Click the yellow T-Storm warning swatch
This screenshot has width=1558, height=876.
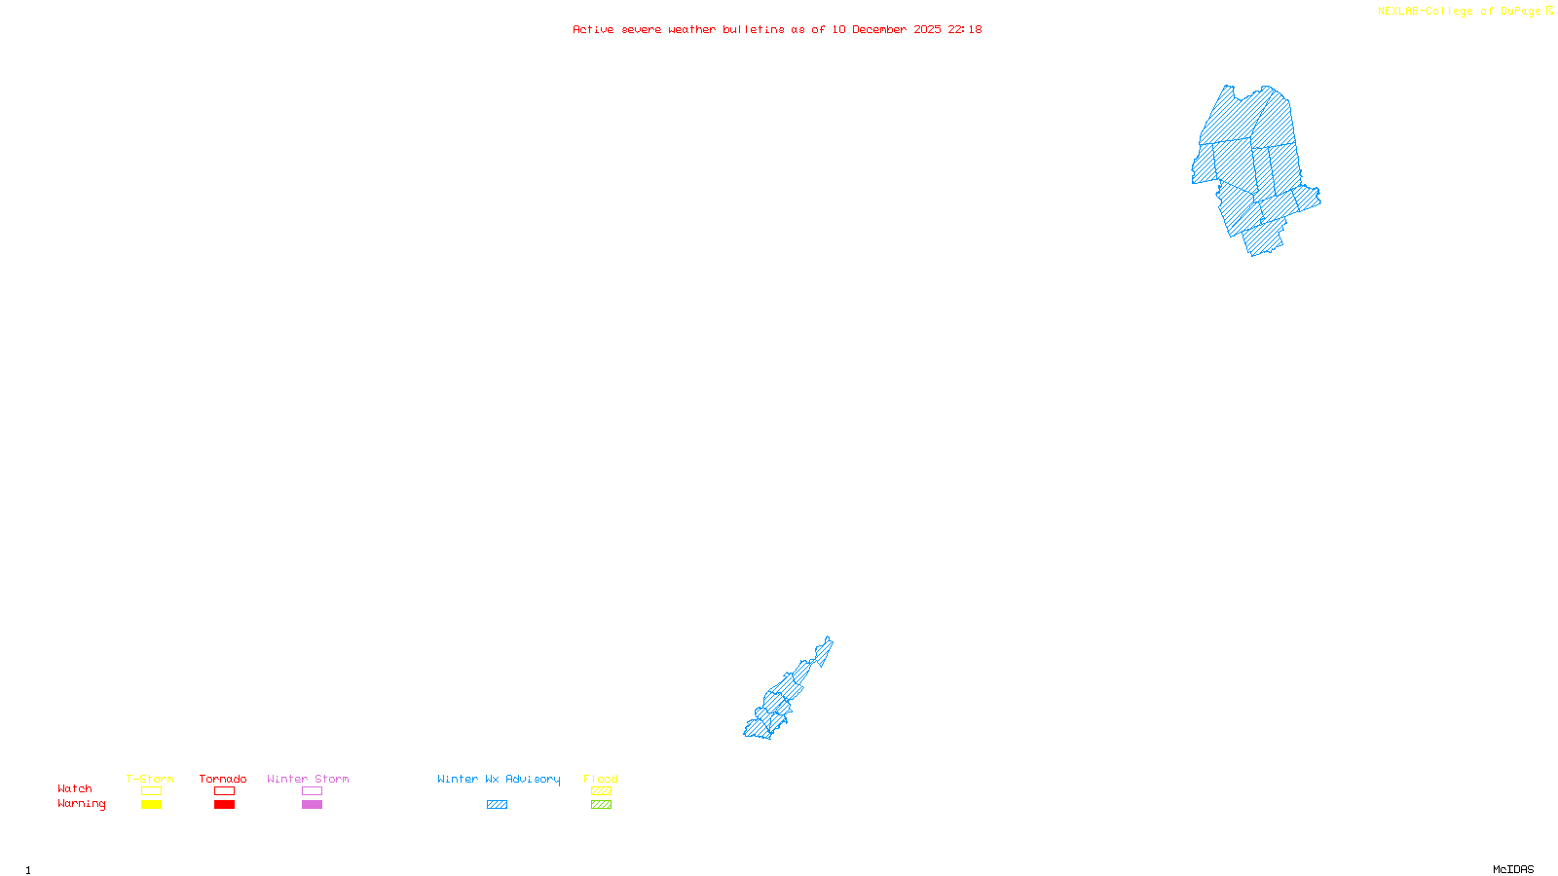(151, 805)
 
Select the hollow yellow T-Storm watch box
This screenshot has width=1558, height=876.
(151, 791)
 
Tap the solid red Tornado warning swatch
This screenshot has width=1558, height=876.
(224, 805)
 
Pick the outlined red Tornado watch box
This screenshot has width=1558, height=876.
(224, 791)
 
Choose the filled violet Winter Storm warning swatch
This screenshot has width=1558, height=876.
(312, 805)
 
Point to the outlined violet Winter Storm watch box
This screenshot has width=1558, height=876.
(312, 791)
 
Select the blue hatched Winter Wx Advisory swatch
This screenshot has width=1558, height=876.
(497, 805)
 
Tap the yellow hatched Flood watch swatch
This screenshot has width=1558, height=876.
(601, 791)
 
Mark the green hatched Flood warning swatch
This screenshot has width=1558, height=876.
(601, 805)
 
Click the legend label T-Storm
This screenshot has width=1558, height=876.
(150, 779)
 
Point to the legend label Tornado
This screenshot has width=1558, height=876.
(223, 779)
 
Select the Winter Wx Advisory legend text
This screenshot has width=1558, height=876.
(499, 779)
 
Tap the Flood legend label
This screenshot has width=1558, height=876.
(601, 779)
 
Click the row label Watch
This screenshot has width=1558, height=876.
(75, 788)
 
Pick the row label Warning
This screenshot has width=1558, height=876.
(82, 804)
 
